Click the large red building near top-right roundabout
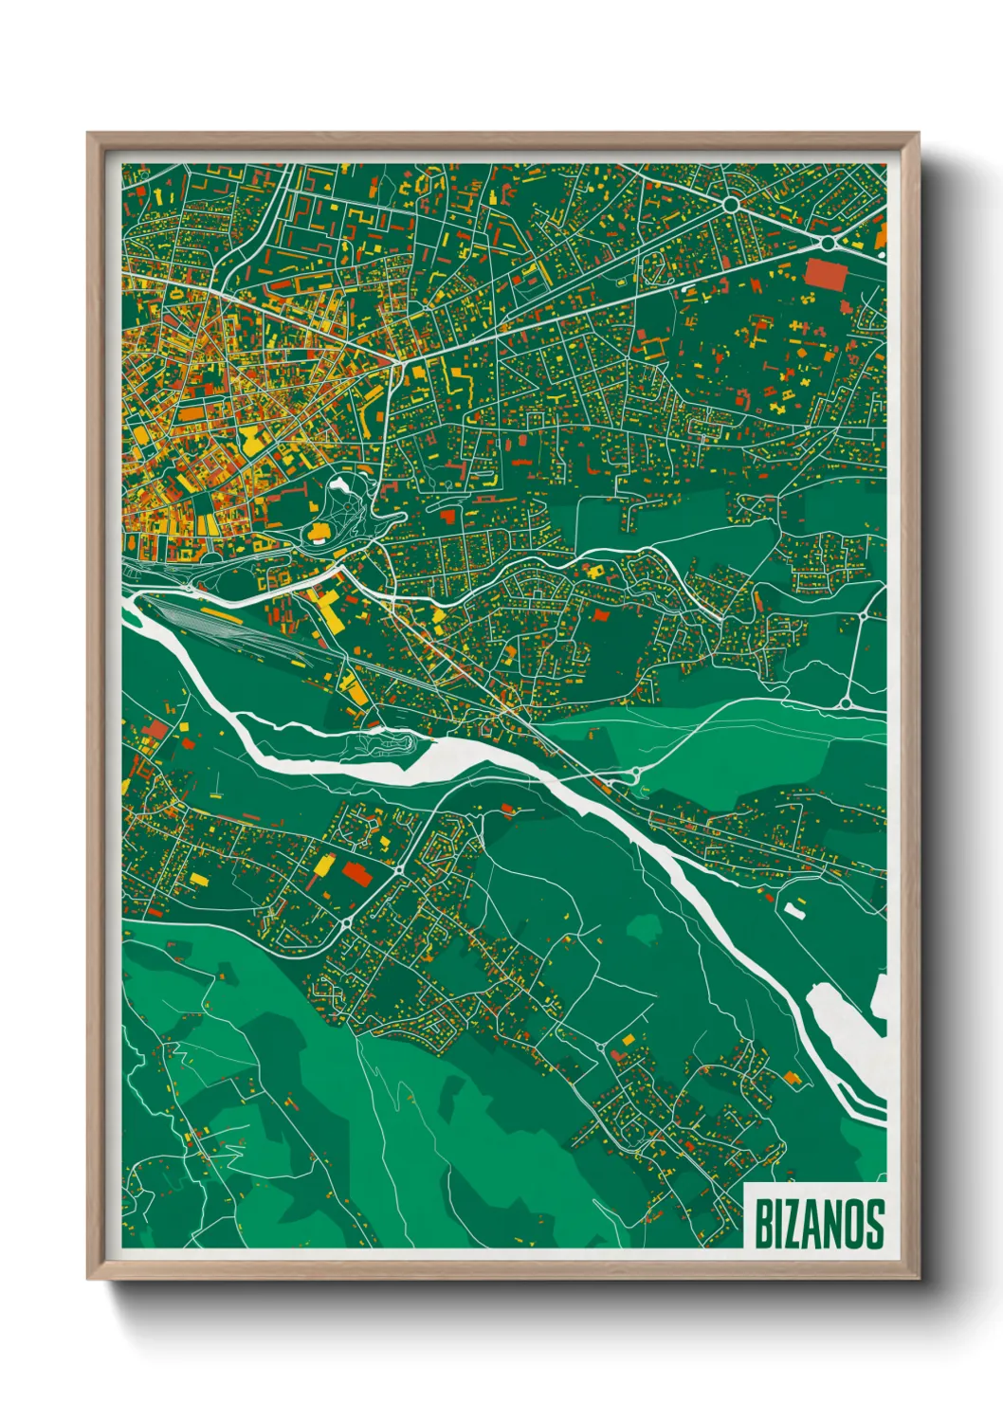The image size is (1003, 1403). (824, 274)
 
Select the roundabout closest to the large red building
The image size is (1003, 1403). (828, 244)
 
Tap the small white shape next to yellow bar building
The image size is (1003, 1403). (793, 910)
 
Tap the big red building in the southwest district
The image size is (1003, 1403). (357, 873)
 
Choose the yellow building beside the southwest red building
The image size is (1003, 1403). (323, 865)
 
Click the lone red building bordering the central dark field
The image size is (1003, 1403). (598, 615)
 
